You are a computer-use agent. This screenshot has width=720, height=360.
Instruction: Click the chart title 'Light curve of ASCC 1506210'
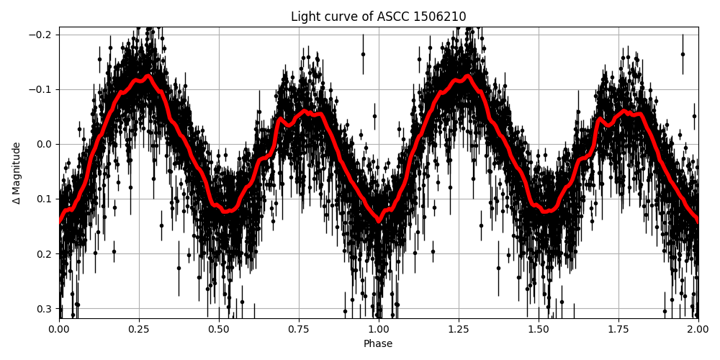tap(378, 17)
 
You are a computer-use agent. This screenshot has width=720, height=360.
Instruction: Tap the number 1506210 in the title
tap(440, 17)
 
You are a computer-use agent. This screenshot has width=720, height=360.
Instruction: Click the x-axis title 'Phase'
tap(378, 344)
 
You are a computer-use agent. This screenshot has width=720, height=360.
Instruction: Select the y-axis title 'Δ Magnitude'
tap(17, 173)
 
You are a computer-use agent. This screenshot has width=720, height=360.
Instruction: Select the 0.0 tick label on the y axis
tap(45, 144)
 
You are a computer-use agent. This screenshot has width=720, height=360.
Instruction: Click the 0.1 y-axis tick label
tap(45, 199)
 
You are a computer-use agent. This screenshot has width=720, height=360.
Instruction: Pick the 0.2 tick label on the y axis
tap(45, 253)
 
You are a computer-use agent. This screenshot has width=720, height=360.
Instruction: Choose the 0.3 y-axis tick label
tap(45, 308)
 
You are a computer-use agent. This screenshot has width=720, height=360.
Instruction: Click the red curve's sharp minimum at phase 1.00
tap(379, 220)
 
